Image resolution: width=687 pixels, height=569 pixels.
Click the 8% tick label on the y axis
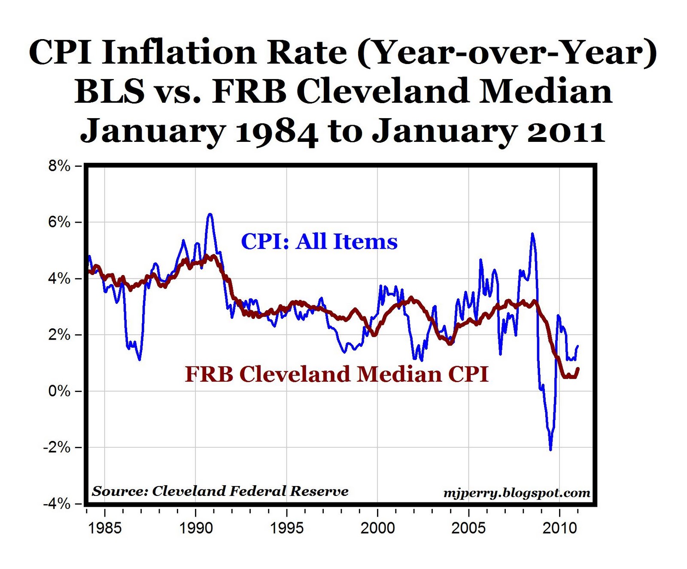[x=59, y=166]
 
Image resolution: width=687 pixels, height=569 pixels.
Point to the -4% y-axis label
[x=57, y=504]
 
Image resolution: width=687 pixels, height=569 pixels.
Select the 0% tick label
[x=59, y=391]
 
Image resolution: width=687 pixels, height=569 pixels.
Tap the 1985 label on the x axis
[x=105, y=528]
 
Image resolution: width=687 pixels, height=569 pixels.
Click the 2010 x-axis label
[x=559, y=528]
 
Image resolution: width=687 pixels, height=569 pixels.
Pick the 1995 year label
[x=286, y=528]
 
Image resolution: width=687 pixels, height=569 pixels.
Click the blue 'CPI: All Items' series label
[x=319, y=242]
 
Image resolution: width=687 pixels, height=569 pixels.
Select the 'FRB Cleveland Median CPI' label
[x=337, y=374]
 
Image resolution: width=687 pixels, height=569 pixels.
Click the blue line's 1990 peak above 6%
[x=210, y=214]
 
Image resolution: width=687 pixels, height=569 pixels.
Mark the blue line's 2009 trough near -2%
[x=550, y=450]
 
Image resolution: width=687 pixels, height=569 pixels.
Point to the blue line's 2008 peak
[x=532, y=234]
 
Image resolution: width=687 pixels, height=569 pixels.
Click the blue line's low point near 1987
[x=140, y=359]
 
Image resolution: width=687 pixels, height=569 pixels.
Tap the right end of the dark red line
[x=578, y=369]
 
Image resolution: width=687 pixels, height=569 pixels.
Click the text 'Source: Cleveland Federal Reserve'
[x=220, y=491]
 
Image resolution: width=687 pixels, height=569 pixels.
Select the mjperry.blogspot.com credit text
[x=517, y=493]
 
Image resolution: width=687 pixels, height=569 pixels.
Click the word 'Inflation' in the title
[x=179, y=52]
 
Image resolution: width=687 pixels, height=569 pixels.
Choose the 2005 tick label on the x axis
[x=468, y=528]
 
